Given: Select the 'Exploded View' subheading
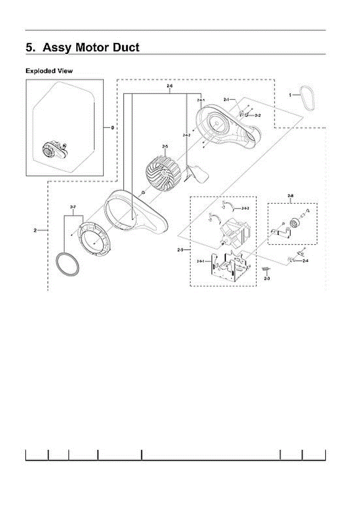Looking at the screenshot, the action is [x=49, y=71].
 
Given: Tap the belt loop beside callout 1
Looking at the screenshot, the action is [x=307, y=98].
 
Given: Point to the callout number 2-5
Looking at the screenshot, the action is [x=165, y=146].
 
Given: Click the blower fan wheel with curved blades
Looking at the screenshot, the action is [x=164, y=171].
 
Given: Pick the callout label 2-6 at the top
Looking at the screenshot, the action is [x=170, y=87].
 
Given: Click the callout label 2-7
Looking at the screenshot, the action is [x=73, y=207].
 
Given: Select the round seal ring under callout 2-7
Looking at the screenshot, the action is [x=68, y=264].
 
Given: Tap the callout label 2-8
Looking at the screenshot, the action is [x=290, y=196].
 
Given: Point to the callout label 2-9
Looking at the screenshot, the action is [x=180, y=250].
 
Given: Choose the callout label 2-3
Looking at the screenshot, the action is [x=267, y=279].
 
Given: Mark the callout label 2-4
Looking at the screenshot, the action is [x=305, y=261].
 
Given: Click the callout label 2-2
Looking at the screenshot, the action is [x=257, y=115].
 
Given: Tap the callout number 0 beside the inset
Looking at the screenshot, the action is [x=112, y=127].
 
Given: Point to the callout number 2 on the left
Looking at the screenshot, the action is [x=35, y=231].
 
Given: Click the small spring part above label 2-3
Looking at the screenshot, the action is [x=266, y=268].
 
